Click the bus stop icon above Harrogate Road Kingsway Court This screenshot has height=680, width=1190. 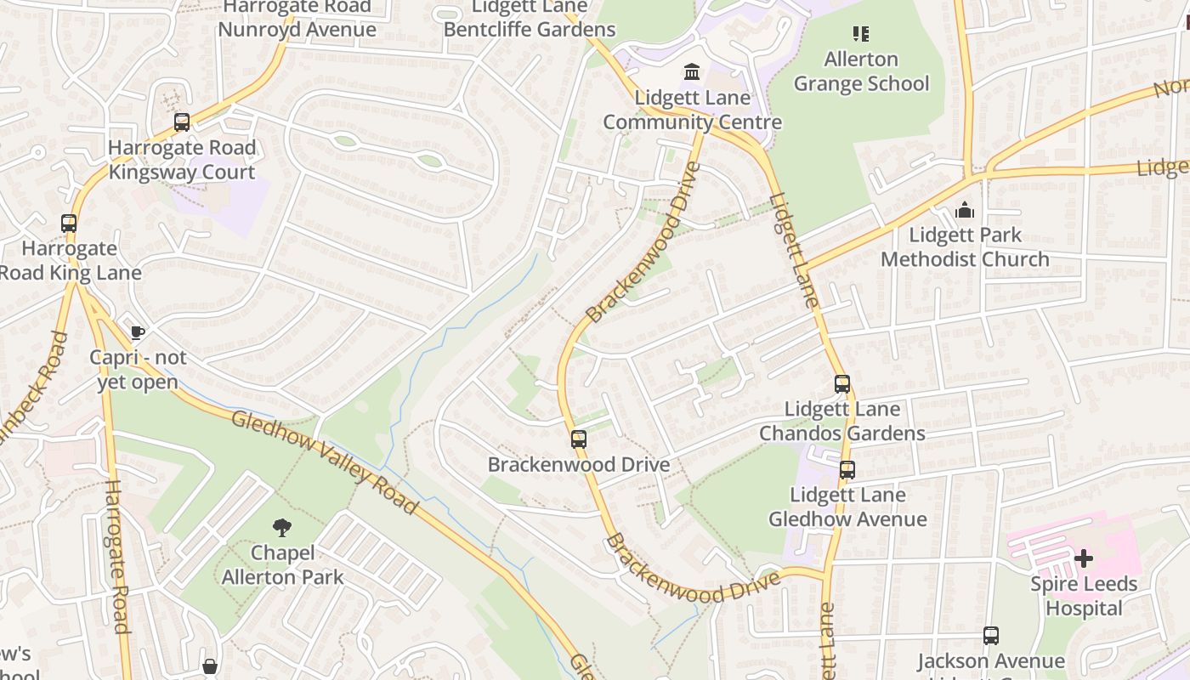[182, 122]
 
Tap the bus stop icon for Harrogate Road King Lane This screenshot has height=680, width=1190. [69, 224]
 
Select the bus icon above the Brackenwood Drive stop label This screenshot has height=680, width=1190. [579, 439]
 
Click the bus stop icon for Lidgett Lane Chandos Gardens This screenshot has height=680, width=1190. [842, 384]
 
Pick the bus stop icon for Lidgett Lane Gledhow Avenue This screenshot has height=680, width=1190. [847, 470]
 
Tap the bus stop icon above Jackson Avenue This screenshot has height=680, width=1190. [991, 636]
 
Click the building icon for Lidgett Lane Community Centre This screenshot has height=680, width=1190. [692, 71]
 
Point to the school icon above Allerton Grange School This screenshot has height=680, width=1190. [861, 34]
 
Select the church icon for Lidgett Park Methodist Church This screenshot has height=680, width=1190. [965, 210]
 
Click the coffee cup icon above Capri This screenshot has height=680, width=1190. [138, 332]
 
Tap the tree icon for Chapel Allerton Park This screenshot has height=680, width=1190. [282, 528]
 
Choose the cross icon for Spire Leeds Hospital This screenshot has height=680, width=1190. [1084, 558]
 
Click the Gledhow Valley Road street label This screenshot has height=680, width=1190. [326, 462]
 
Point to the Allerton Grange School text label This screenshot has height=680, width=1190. [861, 71]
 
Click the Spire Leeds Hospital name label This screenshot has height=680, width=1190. [1084, 597]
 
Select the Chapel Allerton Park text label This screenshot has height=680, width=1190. [282, 565]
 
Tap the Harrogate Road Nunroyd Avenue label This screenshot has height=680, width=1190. [297, 18]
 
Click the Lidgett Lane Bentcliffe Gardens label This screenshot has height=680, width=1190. [530, 18]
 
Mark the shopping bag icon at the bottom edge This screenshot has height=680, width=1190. [210, 667]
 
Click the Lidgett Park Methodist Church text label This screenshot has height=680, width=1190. [965, 247]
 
